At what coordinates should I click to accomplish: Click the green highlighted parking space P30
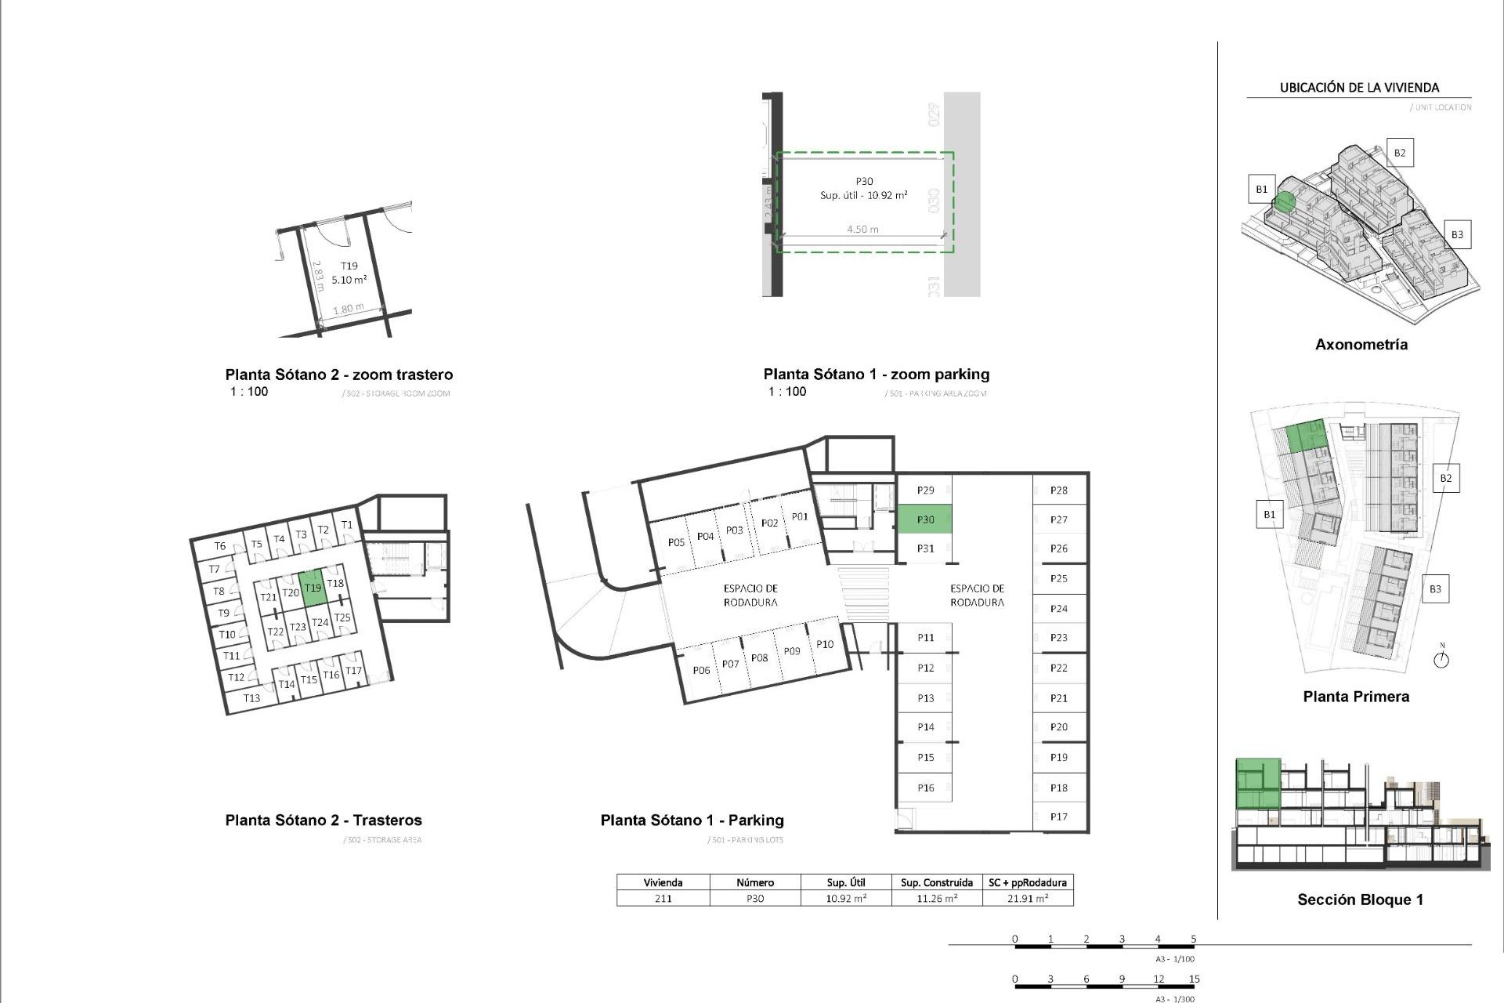[925, 520]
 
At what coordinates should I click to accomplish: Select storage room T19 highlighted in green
[313, 588]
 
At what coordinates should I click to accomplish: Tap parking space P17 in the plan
[1059, 817]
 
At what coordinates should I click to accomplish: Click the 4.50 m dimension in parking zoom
[862, 230]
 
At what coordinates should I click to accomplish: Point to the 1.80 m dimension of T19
[348, 309]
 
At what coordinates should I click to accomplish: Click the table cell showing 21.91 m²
[1027, 899]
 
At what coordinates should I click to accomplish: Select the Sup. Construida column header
[937, 882]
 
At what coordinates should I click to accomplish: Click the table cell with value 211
[663, 899]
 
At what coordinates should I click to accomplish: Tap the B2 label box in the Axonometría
[1399, 153]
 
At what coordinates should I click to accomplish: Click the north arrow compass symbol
[1441, 659]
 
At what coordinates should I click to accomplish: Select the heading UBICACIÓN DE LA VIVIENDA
[1359, 88]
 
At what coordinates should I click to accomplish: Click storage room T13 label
[251, 698]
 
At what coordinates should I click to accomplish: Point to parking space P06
[701, 670]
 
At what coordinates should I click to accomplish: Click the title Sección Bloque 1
[1360, 900]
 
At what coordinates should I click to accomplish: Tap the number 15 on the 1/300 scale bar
[1194, 979]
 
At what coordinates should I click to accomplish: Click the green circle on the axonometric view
[1284, 202]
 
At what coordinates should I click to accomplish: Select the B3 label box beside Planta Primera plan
[1434, 589]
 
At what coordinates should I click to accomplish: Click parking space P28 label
[1059, 491]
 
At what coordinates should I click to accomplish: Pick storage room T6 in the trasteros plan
[220, 546]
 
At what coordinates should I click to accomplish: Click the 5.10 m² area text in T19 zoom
[349, 280]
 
